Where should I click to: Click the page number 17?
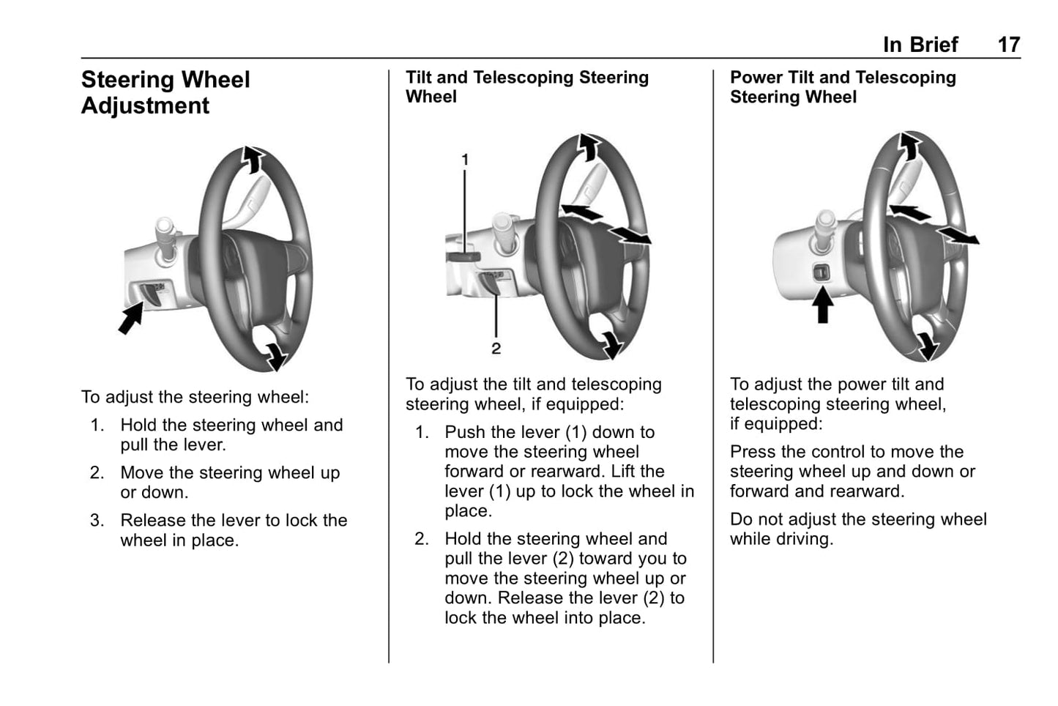[1008, 45]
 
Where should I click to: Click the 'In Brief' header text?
[920, 45]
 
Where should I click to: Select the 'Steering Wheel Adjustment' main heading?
[165, 92]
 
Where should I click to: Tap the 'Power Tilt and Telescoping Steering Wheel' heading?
[843, 87]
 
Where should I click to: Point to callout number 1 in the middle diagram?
[465, 159]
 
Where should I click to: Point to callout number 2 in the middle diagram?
[496, 349]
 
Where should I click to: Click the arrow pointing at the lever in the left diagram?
[131, 319]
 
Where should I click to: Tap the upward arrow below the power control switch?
[823, 305]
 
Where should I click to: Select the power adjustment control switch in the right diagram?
[822, 272]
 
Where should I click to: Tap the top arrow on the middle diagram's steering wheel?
[587, 146]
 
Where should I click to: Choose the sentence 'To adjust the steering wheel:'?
[195, 397]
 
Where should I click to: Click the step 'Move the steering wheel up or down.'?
[229, 483]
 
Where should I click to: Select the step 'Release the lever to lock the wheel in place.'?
[233, 530]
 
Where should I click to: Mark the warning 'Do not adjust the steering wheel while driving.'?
[858, 529]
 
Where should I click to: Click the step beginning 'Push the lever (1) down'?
[568, 472]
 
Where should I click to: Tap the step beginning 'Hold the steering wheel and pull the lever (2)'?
[565, 579]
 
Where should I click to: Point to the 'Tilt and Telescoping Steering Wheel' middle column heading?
[526, 87]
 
